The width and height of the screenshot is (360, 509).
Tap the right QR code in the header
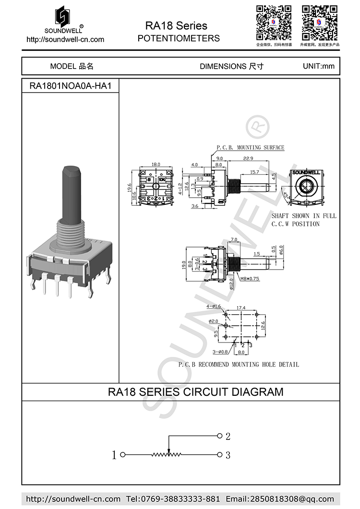[320, 23]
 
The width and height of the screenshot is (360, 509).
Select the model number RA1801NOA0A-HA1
[71, 86]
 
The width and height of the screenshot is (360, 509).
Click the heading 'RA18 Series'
[177, 25]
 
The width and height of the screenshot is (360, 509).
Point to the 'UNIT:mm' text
[318, 66]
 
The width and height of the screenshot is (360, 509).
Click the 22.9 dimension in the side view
[248, 158]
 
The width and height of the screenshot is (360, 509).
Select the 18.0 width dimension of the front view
[156, 165]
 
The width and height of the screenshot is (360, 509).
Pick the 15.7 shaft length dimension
[254, 172]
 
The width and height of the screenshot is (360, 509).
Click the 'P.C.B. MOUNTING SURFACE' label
[250, 148]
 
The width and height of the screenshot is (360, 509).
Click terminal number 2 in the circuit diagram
[228, 437]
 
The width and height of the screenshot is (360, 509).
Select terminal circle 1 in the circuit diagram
[122, 454]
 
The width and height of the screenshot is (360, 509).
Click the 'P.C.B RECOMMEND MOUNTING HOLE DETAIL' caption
[239, 365]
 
